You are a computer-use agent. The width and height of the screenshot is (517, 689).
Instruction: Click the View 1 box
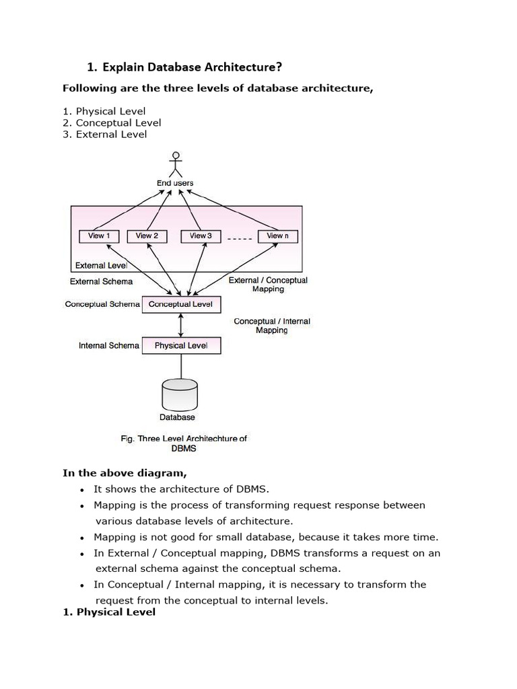tap(99, 236)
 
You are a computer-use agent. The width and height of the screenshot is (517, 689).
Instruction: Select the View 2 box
tap(147, 236)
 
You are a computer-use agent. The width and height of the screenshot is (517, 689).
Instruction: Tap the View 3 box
tap(201, 236)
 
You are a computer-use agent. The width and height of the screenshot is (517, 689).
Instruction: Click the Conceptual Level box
tap(180, 304)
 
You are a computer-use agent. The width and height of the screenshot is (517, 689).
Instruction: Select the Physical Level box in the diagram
tap(180, 345)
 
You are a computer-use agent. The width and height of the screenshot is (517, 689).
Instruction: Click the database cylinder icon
tap(180, 394)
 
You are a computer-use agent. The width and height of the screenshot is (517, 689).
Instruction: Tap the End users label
tap(175, 183)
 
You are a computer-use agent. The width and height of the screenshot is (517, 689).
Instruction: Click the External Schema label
tap(101, 281)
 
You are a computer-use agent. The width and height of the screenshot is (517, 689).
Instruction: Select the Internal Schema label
tap(109, 345)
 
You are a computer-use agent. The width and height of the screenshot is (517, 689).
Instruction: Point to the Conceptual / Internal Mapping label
tap(272, 326)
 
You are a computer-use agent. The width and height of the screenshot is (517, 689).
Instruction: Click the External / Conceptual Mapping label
tap(268, 285)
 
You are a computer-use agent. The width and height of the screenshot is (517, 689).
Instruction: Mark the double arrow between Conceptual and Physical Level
tap(180, 325)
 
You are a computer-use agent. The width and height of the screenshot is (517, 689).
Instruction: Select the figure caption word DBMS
tap(184, 448)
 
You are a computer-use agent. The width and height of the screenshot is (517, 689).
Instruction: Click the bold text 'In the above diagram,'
tap(125, 472)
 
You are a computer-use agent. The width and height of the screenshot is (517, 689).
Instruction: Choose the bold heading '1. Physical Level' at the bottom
tap(109, 612)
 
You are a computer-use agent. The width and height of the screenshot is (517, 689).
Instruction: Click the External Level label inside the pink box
tap(101, 266)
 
